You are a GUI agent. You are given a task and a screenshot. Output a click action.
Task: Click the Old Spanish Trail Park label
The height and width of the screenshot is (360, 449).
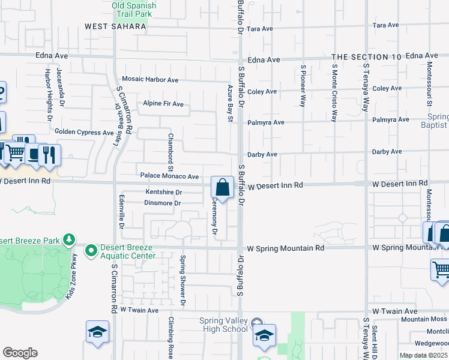point(133,10)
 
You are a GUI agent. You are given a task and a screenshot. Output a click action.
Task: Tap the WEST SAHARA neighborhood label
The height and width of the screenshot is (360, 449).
point(115,26)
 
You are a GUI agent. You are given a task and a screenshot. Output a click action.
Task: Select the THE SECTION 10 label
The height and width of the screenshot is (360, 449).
point(366,56)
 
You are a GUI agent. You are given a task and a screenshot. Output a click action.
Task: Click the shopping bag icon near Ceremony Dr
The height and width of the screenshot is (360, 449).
point(222,187)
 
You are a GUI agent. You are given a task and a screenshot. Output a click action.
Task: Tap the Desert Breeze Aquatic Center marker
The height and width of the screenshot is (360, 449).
point(91,250)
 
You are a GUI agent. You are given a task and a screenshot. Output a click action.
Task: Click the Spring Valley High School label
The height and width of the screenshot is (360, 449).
point(223,325)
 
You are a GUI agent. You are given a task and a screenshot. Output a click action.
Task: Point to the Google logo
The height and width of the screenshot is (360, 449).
point(20,353)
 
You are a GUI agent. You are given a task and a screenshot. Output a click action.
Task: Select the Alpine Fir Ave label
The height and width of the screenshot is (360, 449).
point(163,104)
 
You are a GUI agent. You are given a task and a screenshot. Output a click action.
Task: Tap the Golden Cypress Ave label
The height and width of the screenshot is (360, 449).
point(84,132)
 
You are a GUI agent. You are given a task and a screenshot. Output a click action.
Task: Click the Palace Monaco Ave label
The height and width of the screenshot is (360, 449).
point(169,176)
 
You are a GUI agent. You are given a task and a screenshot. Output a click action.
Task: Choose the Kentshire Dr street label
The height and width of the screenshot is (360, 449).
point(164,192)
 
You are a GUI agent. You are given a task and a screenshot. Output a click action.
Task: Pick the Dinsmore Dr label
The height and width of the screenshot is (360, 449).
point(163,203)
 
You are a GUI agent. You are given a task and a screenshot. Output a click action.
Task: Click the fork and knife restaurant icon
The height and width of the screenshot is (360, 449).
point(50,155)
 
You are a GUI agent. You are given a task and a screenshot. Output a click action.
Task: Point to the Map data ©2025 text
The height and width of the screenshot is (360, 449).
point(423,355)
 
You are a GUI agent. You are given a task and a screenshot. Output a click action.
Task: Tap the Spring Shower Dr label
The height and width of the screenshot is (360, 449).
point(183,279)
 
